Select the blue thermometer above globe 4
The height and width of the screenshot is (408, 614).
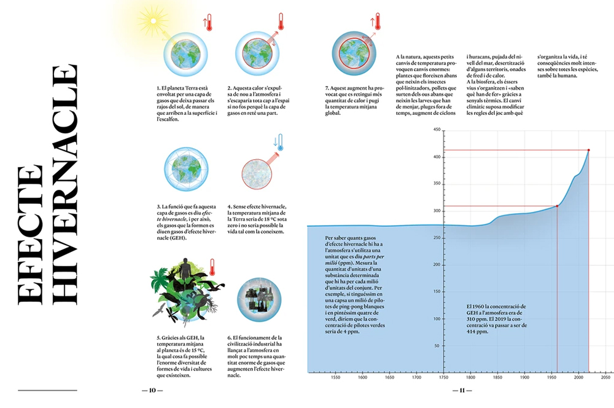tap(280, 143)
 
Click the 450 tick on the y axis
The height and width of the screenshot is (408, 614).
tap(437, 130)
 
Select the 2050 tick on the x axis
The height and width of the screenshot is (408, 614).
tap(605, 379)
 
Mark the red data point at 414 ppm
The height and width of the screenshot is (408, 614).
tap(589, 150)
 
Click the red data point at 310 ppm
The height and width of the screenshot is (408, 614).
tap(557, 206)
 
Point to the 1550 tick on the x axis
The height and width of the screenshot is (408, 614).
tap(335, 379)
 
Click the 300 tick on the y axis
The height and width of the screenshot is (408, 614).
tap(437, 211)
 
